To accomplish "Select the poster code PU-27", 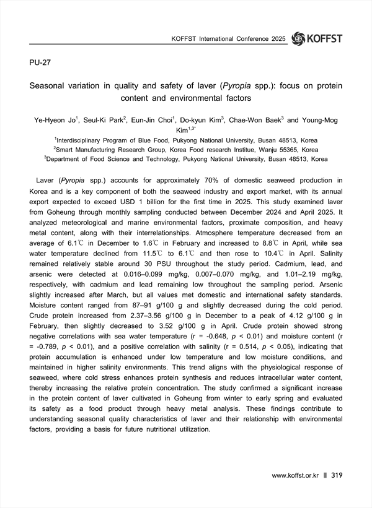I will pyautogui.click(x=40, y=64).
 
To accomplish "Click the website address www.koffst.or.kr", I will pyautogui.click(x=295, y=475).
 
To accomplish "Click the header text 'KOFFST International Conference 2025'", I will pyautogui.click(x=228, y=39).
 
